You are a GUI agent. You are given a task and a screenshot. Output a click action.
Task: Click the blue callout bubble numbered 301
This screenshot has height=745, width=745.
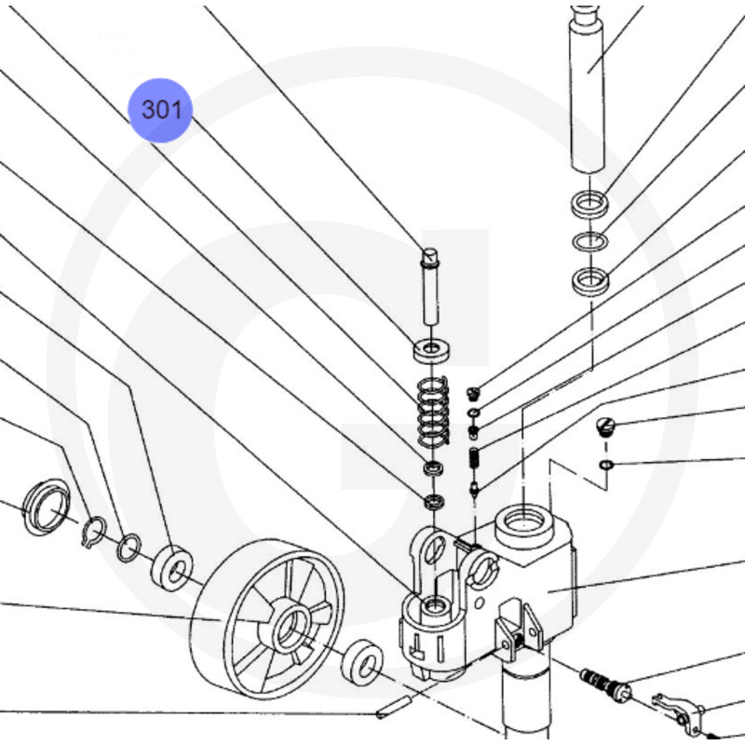coord(160,110)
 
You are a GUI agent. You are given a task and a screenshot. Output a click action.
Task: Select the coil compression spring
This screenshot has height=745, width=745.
coord(432,412)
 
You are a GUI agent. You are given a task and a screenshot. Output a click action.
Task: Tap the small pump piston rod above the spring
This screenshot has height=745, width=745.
coord(430,286)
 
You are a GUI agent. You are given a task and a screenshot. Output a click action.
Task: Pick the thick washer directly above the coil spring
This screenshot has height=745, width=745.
coord(431,350)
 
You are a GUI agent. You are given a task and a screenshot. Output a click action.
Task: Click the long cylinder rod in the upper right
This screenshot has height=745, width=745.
coord(588,89)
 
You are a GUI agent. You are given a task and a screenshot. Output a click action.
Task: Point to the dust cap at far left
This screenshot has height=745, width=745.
coord(46,507)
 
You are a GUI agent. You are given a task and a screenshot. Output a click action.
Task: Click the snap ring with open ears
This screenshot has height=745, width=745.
coord(94,532)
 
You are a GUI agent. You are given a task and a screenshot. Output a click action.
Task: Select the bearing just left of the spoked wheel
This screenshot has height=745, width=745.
coord(171,568)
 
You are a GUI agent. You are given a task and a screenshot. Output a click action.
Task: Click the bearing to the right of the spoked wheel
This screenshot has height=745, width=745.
coord(362,662)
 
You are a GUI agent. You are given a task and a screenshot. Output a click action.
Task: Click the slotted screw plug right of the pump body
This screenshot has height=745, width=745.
coord(605,426)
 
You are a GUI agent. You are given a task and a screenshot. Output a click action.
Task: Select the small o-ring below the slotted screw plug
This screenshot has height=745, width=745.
coord(607,464)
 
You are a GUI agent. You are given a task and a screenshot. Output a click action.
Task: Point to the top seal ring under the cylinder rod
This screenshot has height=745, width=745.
coord(589,202)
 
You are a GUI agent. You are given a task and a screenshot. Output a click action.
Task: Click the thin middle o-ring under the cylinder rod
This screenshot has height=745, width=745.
coord(589,242)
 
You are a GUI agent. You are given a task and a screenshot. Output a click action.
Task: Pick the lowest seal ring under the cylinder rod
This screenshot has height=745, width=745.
coord(590,280)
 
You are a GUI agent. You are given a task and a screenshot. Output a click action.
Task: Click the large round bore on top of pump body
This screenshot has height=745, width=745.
coord(523,522)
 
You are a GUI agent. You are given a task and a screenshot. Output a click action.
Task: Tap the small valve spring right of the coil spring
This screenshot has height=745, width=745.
coord(474,458)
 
